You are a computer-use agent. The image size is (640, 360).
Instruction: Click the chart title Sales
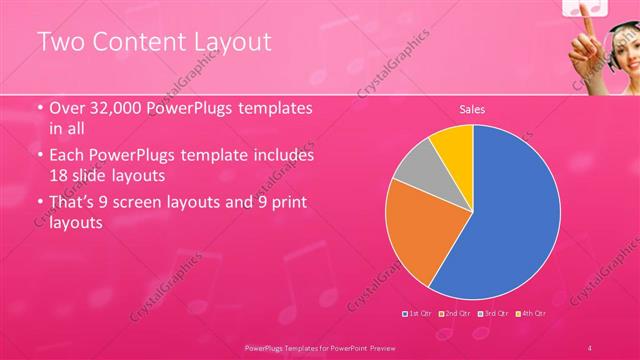click(x=472, y=109)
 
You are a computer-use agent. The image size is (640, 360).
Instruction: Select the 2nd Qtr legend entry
click(x=455, y=314)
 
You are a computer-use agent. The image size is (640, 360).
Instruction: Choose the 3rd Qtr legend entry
click(x=493, y=314)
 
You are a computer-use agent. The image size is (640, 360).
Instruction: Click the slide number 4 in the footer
click(x=591, y=346)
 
